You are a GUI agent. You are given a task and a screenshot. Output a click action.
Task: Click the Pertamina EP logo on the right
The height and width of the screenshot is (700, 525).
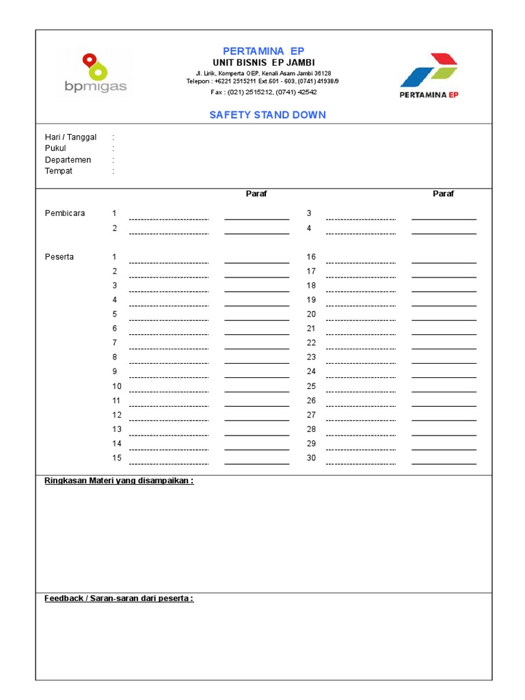coord(429,75)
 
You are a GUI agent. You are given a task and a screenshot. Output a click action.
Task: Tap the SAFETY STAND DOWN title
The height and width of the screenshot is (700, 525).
coord(267,115)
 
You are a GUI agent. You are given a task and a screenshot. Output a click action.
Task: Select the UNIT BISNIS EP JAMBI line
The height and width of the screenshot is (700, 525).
coord(264,62)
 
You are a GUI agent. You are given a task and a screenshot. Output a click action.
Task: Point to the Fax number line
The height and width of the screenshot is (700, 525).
coord(264,92)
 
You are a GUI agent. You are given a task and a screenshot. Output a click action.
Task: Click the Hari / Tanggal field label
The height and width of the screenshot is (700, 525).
coord(70,137)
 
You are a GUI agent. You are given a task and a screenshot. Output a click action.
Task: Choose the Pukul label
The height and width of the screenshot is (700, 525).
coord(55,148)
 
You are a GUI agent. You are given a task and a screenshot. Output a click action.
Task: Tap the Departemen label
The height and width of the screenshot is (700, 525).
coord(68,160)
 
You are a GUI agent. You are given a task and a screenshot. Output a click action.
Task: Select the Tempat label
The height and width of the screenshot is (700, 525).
coord(59,171)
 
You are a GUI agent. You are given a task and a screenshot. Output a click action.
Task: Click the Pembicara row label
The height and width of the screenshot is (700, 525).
coord(65,213)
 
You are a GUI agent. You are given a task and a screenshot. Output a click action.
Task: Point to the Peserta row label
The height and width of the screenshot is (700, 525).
coord(59,257)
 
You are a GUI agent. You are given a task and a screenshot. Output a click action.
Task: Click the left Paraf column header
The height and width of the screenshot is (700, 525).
coord(256,193)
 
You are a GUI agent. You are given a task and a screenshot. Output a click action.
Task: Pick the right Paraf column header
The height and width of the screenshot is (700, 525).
coord(443,193)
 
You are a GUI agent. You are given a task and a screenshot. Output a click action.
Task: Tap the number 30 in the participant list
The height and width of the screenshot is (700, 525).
coord(311,458)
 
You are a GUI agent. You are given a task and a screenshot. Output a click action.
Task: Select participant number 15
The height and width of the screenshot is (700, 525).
coord(117,458)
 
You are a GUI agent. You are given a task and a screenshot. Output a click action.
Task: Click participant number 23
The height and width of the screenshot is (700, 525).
coord(311,358)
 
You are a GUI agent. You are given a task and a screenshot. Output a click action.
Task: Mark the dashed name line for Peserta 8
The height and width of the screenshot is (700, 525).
coord(168,362)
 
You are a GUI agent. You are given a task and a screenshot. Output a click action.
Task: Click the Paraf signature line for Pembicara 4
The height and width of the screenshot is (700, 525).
coord(444,233)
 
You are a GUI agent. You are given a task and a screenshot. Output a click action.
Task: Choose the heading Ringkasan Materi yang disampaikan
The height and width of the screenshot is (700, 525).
coord(119,481)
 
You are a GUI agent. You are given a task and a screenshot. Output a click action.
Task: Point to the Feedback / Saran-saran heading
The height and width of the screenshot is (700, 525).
coord(119,598)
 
